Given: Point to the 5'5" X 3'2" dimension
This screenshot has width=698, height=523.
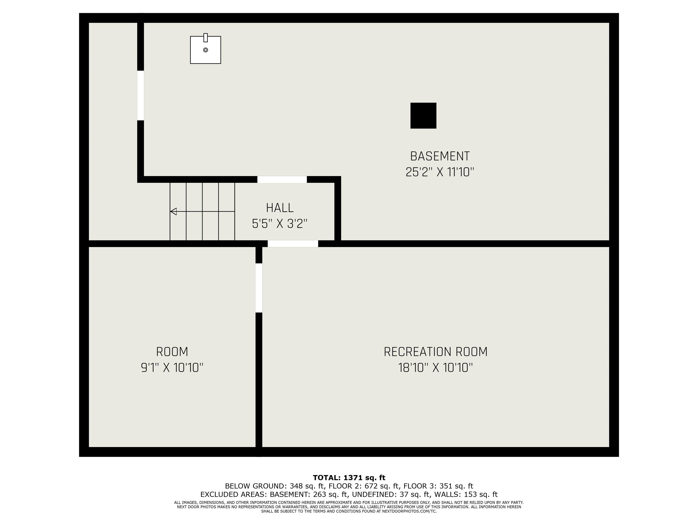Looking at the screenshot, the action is [279, 224].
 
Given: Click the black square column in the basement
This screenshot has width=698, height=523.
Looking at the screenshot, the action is [423, 116].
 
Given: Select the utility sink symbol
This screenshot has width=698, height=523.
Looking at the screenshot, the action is [205, 49].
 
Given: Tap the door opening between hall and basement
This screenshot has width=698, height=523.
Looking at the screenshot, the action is [282, 179].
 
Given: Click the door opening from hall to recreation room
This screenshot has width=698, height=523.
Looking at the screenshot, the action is [293, 244].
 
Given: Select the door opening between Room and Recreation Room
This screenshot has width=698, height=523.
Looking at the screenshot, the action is [259, 288].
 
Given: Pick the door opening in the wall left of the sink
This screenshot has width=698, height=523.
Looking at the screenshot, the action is [140, 96].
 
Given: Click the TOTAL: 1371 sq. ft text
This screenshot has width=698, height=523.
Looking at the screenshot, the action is [349, 478].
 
